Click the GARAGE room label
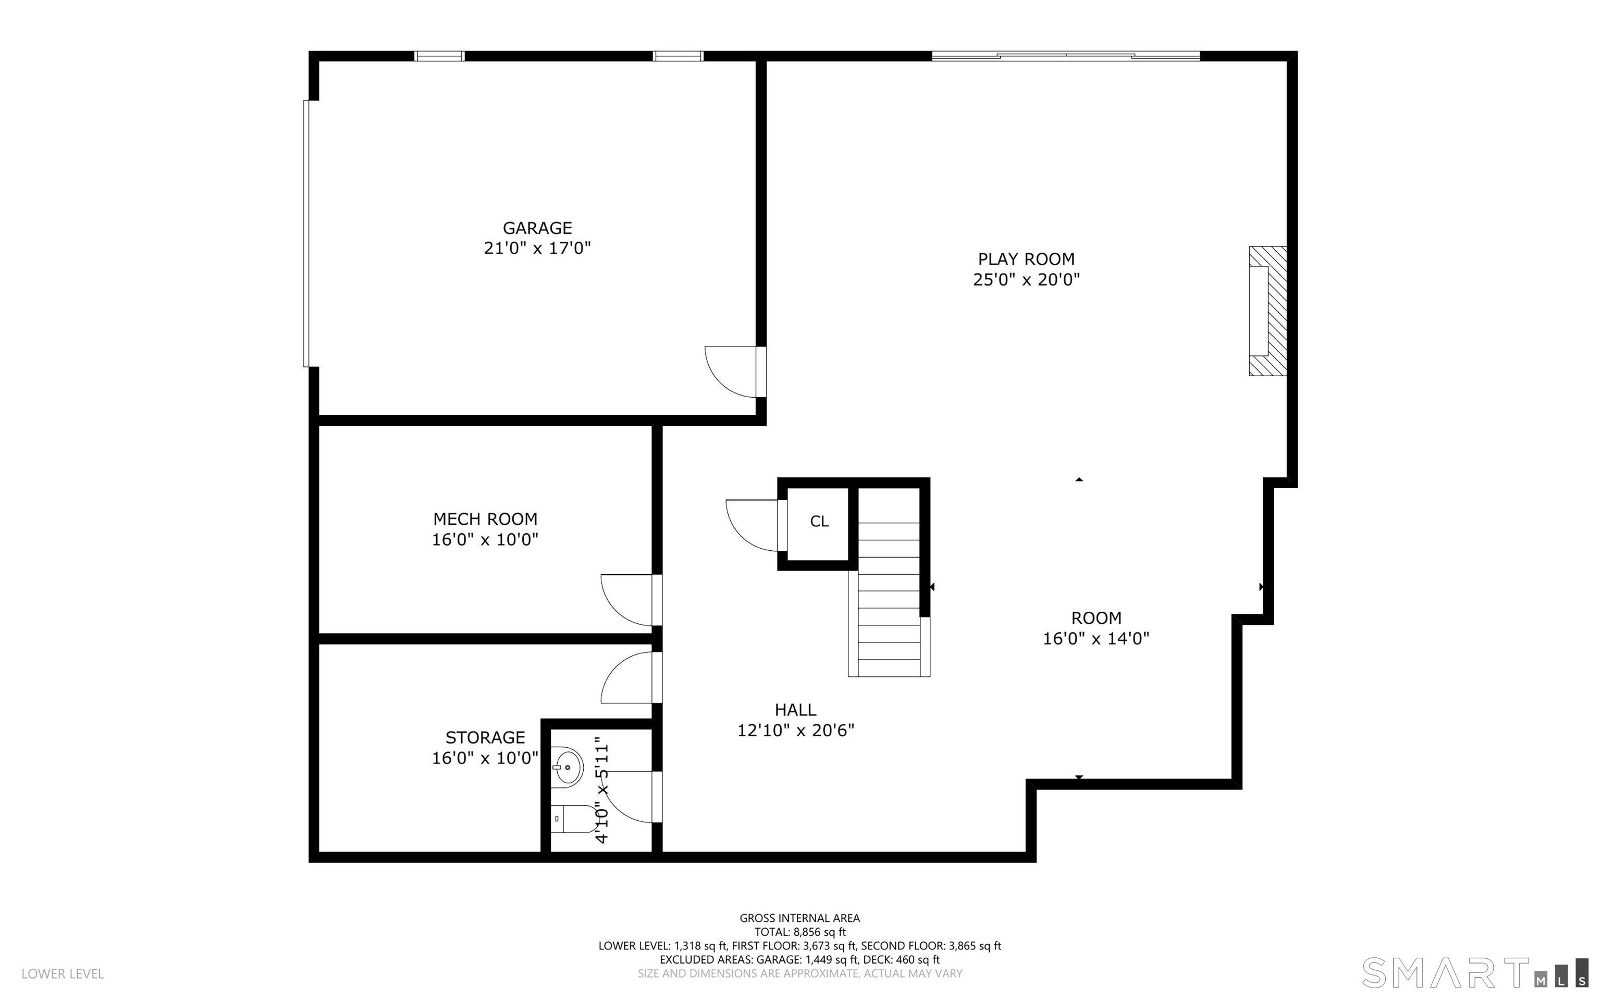point(537,228)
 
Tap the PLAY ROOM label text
point(1026,260)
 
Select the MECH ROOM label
point(485,519)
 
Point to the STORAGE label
point(485,737)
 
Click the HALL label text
point(795,710)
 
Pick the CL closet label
point(819,521)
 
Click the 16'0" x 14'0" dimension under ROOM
point(1096,638)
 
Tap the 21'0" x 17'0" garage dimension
point(537,248)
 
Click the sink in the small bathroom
point(568,767)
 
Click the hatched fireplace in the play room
point(1267,311)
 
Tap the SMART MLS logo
point(1475,972)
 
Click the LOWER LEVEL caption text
point(63,973)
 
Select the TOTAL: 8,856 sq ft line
point(799,932)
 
